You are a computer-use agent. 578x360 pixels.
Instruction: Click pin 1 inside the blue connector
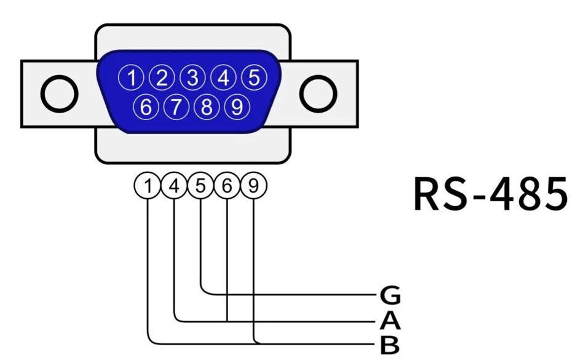(132, 78)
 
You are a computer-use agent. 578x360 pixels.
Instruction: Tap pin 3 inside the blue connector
(192, 78)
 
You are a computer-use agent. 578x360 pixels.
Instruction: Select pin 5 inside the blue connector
(253, 78)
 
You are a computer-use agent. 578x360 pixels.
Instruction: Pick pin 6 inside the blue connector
(146, 107)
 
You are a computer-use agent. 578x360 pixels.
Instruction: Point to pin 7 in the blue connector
(176, 107)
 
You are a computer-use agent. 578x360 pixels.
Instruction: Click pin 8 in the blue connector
(206, 107)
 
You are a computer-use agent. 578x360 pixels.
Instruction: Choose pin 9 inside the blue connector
(236, 107)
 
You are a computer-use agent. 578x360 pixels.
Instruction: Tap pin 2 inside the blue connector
(162, 78)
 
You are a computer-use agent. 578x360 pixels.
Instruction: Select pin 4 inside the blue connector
(223, 78)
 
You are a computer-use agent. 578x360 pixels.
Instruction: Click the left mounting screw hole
(59, 94)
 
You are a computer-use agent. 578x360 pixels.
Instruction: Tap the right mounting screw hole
(319, 94)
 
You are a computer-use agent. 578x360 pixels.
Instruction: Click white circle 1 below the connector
(148, 186)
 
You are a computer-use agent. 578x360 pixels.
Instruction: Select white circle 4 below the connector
(174, 186)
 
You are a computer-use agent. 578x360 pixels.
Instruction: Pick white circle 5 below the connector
(200, 186)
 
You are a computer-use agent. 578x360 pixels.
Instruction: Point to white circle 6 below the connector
(227, 186)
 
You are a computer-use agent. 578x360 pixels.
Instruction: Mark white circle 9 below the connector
(253, 186)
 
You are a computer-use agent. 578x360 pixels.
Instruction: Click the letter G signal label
(390, 296)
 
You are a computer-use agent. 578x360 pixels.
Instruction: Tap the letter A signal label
(390, 320)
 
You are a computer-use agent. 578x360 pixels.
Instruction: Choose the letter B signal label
(390, 345)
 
